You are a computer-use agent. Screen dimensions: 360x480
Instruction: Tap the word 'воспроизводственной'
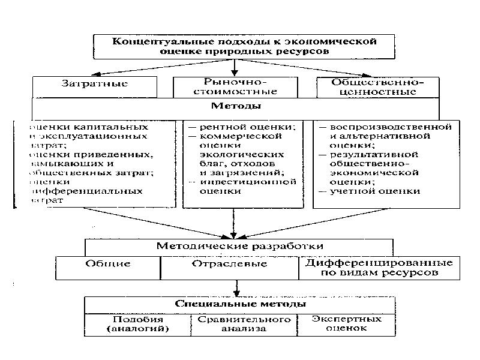[390, 128]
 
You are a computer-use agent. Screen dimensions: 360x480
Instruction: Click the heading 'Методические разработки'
[239, 245]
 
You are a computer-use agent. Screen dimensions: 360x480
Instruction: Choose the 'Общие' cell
[108, 264]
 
